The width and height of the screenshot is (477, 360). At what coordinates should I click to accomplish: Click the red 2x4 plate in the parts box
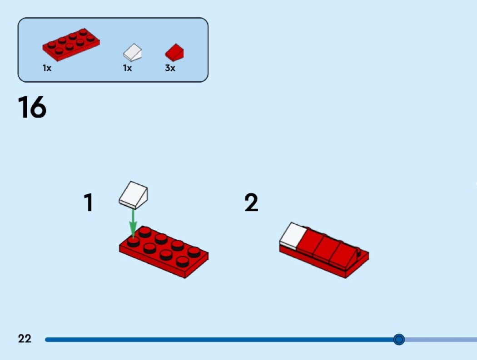[x=71, y=44]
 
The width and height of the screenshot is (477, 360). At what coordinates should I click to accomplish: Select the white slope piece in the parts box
[x=133, y=52]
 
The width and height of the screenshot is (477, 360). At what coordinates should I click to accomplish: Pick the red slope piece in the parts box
[x=174, y=52]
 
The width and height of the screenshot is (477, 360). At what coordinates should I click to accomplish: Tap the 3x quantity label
[x=170, y=68]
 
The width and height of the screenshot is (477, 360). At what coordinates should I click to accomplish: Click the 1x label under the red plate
[x=47, y=68]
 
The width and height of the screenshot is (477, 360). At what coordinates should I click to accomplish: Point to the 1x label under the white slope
[x=127, y=68]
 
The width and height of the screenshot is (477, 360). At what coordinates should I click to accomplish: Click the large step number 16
[x=32, y=107]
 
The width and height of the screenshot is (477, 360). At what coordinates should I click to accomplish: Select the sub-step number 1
[x=88, y=202]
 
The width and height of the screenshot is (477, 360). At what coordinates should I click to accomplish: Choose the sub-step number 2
[x=251, y=202]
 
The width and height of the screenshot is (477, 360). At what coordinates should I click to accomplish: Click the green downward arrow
[x=133, y=223]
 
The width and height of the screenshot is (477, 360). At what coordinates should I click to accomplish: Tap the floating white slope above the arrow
[x=133, y=195]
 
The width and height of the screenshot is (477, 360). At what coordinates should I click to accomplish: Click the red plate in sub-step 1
[x=164, y=252]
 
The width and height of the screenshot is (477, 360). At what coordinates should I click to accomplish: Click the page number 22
[x=25, y=339]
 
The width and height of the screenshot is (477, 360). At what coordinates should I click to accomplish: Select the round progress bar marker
[x=399, y=339]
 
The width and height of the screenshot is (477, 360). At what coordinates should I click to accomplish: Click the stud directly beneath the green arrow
[x=133, y=242]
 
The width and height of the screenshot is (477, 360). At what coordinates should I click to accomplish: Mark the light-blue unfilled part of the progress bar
[x=441, y=339]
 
